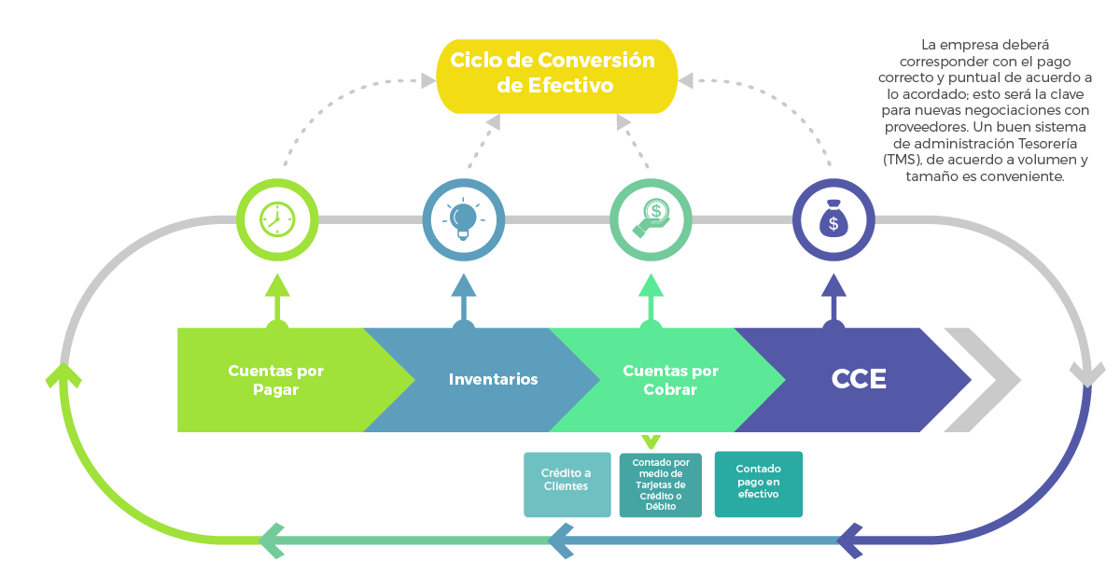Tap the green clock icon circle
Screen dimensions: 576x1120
[276, 219]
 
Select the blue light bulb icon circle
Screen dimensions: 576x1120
[464, 219]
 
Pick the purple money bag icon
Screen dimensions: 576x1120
[833, 219]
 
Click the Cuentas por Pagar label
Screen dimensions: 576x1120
[275, 380]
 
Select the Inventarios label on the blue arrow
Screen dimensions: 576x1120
[493, 380]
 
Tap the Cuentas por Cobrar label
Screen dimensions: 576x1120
[670, 380]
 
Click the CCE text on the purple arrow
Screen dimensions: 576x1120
[859, 380]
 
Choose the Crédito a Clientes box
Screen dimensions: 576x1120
[567, 485]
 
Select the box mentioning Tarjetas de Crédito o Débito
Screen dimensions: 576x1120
[660, 485]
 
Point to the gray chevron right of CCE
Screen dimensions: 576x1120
[985, 380]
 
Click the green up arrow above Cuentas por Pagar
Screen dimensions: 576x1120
[276, 294]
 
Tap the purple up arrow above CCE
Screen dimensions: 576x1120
[833, 294]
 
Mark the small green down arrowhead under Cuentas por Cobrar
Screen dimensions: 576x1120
[651, 441]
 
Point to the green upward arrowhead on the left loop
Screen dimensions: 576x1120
[63, 375]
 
